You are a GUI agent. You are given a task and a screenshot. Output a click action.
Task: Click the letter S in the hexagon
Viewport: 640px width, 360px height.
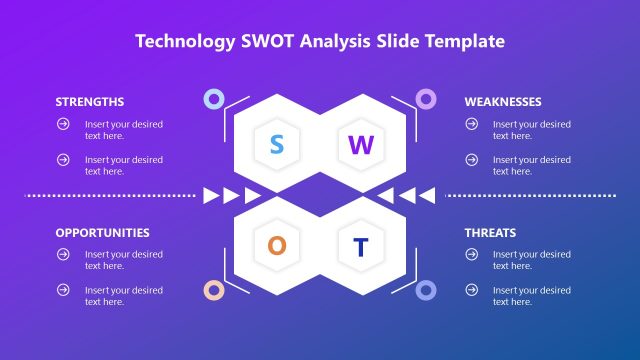(x=277, y=145)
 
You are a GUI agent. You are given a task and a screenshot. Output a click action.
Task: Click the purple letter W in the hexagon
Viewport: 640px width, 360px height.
(x=361, y=145)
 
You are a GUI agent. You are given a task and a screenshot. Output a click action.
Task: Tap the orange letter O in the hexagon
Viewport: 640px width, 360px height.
(x=277, y=246)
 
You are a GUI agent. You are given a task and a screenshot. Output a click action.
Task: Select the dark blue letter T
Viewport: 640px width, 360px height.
(x=361, y=246)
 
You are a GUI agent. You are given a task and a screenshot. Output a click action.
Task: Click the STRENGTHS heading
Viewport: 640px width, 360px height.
(x=90, y=102)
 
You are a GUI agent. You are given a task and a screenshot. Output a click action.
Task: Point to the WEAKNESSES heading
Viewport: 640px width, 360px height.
(x=503, y=102)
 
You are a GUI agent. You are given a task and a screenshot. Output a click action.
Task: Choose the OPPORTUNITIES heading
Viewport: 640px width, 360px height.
(x=102, y=232)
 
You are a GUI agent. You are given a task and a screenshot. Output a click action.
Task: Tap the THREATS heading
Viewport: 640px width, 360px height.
(x=490, y=232)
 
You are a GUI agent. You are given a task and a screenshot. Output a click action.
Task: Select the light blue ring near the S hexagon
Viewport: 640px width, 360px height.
(x=213, y=98)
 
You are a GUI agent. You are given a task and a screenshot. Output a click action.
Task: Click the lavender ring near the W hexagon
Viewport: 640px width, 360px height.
(x=426, y=98)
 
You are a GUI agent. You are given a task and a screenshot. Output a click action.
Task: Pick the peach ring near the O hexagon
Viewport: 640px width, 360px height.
(x=213, y=290)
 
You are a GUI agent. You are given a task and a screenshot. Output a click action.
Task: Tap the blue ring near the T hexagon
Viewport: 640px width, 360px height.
(x=426, y=290)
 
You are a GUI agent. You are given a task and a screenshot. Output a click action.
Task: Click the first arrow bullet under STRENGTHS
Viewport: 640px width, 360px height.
(x=63, y=124)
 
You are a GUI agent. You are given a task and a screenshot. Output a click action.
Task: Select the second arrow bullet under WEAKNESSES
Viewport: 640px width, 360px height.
(x=471, y=159)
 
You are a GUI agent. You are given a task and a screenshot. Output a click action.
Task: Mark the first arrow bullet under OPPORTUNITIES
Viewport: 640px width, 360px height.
(x=63, y=254)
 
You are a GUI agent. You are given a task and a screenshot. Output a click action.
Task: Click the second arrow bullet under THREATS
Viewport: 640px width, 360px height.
(x=471, y=290)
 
